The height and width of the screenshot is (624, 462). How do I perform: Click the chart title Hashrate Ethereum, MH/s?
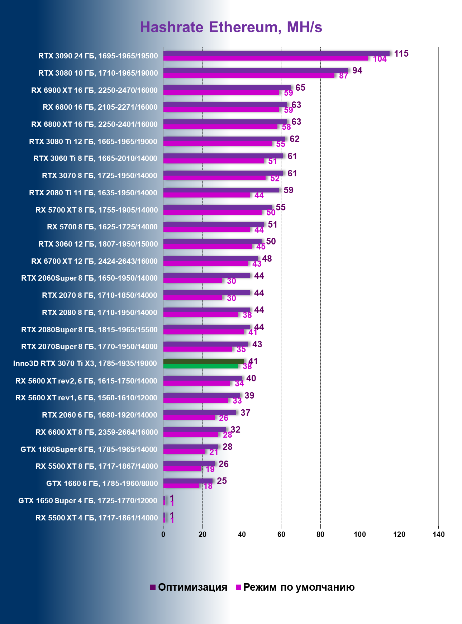tap(231, 27)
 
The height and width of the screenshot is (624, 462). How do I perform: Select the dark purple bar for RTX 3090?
tap(276, 53)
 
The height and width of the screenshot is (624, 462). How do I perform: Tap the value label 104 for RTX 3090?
tap(380, 59)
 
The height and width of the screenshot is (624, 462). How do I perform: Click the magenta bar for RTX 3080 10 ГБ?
tap(249, 75)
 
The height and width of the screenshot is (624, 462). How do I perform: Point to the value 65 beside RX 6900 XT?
tap(300, 88)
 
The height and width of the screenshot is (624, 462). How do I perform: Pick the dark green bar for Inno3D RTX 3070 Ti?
tap(204, 361)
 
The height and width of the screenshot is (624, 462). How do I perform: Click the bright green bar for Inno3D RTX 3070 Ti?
tap(201, 366)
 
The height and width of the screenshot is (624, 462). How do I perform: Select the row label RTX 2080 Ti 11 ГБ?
tap(93, 193)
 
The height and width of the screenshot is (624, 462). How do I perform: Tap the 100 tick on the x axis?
tap(359, 534)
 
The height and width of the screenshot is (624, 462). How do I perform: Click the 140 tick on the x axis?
tap(438, 534)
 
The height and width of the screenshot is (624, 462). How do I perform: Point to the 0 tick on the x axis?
tap(163, 534)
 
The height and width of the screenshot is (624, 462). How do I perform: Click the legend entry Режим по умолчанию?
tap(295, 587)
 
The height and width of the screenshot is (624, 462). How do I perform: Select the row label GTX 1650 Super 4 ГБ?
tap(88, 501)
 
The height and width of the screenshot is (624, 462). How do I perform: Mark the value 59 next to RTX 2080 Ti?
tap(288, 190)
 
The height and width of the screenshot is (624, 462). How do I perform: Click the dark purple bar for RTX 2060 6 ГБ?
tap(200, 413)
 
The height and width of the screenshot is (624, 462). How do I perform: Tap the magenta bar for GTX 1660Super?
tap(184, 452)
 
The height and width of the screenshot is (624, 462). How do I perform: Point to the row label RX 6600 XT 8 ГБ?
tap(96, 432)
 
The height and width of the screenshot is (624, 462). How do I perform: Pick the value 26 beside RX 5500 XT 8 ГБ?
tap(223, 464)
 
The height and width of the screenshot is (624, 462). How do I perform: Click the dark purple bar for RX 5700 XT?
tap(217, 207)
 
